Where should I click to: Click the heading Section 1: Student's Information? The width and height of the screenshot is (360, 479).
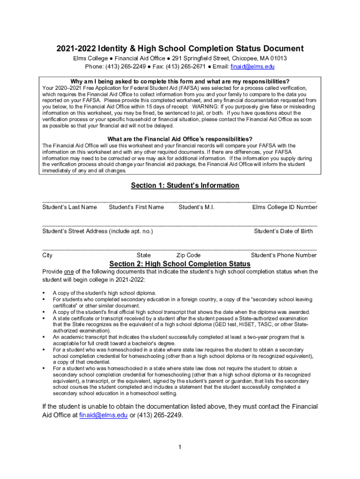[185, 186]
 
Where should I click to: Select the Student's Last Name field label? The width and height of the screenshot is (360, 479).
[70, 207]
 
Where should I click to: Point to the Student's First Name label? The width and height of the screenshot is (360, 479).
[136, 207]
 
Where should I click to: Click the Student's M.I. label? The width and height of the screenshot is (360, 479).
[196, 207]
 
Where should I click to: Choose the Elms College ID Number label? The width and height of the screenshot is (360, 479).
[285, 207]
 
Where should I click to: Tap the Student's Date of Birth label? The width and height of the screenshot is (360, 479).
[283, 231]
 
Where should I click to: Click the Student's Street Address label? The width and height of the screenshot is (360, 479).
[98, 231]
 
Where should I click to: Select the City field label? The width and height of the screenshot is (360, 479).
[47, 255]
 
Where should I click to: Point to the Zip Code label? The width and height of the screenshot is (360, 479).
[188, 255]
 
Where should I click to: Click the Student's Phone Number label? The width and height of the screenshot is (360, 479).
[284, 255]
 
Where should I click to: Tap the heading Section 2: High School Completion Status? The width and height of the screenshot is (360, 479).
[180, 264]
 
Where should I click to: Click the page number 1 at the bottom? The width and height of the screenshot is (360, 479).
[180, 447]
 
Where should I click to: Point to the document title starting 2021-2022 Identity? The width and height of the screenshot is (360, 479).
[180, 49]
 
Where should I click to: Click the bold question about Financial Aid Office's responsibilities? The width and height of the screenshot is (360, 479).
[180, 139]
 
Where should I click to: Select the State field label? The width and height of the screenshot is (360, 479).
[144, 255]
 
